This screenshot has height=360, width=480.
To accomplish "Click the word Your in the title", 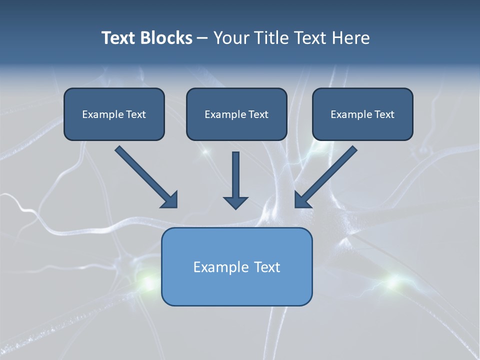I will point(231,38).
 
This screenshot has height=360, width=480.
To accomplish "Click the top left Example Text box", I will point(114,114).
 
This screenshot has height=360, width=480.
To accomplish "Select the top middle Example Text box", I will point(236,114).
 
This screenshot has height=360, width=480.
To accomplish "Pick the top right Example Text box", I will point(362,114).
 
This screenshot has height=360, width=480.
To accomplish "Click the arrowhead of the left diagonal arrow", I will point(170,200).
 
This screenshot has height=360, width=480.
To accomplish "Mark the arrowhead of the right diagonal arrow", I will point(302,200).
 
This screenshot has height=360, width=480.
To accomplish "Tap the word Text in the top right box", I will point(384,114).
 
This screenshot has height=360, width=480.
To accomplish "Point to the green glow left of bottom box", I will point(148,282).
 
